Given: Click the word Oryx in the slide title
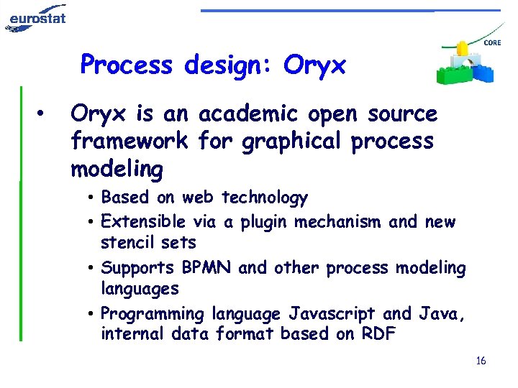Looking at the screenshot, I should point(314,65).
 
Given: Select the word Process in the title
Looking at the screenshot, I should point(127,65).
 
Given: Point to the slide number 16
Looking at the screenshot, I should point(481,360).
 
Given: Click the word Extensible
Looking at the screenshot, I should point(145,222).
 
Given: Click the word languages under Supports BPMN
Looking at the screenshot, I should point(140,290).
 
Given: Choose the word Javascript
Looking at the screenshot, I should point(333,314).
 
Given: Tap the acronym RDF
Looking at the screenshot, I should point(376,334).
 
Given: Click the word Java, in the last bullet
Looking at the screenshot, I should point(445,314).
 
